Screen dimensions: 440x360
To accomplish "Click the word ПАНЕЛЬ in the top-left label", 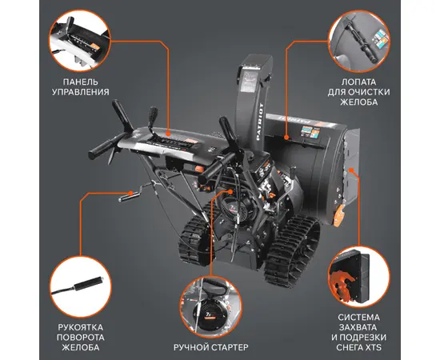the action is point(81,82).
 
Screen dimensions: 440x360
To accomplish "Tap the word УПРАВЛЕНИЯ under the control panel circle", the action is point(81,92).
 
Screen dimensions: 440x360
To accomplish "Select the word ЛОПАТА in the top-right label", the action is point(358,82).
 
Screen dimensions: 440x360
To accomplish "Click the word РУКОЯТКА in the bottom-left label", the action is point(80,327).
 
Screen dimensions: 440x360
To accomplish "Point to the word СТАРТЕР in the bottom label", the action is point(229,347).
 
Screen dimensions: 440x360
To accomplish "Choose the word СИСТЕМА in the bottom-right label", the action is point(358,318).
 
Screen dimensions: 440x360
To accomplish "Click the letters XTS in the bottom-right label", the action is point(374,347).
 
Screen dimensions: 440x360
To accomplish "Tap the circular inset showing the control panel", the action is point(80,41).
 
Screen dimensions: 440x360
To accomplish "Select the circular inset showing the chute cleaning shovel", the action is point(359,41).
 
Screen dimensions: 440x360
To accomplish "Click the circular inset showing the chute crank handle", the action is point(81,286).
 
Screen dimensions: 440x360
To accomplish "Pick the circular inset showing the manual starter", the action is point(210,306).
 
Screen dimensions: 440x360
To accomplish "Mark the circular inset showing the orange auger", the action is point(359,278).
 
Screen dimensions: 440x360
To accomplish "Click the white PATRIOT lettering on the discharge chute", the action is point(259,122).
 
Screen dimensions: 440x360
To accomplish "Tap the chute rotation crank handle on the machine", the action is point(128,196).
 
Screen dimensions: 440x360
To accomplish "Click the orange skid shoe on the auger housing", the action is point(339,215).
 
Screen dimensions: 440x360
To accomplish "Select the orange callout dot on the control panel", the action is point(169,134).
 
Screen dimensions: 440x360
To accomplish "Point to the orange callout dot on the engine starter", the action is point(230,192).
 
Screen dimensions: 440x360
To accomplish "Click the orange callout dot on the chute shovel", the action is point(286,138).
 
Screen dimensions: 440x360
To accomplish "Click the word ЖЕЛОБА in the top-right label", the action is point(358,102).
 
